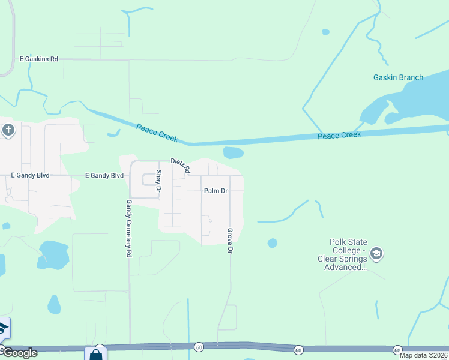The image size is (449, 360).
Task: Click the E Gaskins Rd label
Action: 38,59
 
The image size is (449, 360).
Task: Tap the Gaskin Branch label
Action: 398,77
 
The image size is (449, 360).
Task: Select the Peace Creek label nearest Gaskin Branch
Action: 339,135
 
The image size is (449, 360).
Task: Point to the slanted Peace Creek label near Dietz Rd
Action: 157,132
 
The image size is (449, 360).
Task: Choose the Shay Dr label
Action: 159,181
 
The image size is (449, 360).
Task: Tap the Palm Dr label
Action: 215,191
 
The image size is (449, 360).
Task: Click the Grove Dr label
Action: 229,240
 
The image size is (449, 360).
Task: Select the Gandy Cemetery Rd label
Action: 128,229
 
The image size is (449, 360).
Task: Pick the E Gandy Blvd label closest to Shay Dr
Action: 104,175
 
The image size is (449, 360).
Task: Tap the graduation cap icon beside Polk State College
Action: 376,253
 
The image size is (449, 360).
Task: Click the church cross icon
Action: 8,130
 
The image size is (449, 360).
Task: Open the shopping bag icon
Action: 95,355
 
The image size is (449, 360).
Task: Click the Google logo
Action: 20,353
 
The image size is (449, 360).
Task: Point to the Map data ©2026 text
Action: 424,355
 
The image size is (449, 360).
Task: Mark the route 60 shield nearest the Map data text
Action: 397,350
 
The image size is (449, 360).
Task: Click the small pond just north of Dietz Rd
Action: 233,152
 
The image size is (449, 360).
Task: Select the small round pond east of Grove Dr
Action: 273,243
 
